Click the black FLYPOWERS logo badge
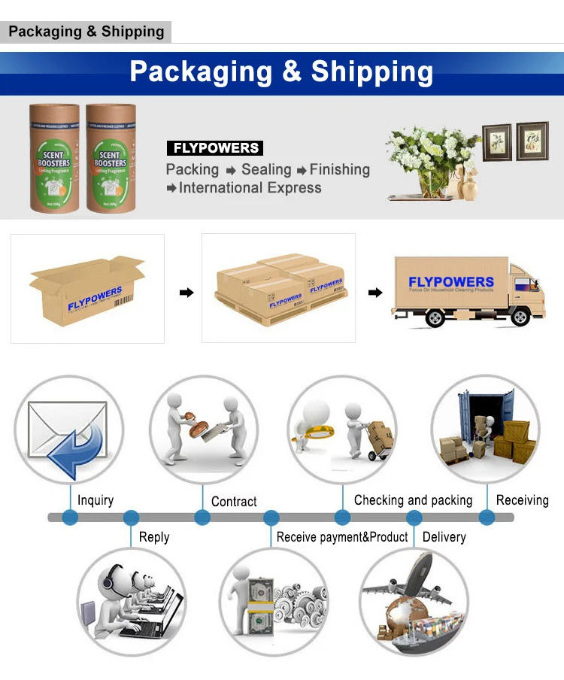[x=214, y=148]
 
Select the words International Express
[x=250, y=188]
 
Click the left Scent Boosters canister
[x=54, y=157]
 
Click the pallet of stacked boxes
[x=278, y=290]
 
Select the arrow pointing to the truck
[x=374, y=292]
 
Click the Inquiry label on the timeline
[x=96, y=500]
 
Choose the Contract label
[x=234, y=501]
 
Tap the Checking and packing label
[x=413, y=500]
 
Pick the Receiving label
[x=522, y=500]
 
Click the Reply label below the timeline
[x=154, y=537]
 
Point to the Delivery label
[x=444, y=537]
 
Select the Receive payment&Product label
[x=342, y=537]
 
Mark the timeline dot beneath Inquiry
[x=70, y=518]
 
